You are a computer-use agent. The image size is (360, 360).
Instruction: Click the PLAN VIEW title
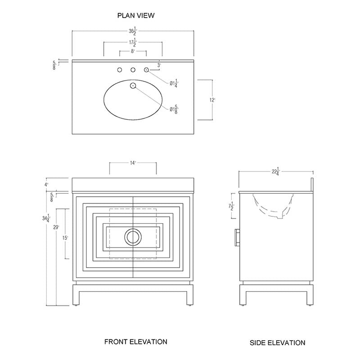[135, 16]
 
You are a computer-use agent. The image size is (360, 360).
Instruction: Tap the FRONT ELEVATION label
[135, 342]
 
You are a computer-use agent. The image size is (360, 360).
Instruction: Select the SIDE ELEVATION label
[277, 343]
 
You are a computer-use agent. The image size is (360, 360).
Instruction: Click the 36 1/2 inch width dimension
[132, 31]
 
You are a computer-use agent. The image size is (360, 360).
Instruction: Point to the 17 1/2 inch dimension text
[133, 43]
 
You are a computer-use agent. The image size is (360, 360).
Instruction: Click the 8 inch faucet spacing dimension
[133, 52]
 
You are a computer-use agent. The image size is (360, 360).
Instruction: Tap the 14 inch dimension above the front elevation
[133, 163]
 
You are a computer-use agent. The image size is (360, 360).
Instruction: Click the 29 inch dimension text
[56, 227]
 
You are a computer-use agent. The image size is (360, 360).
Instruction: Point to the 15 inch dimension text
[65, 238]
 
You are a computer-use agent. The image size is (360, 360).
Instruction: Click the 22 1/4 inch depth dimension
[276, 171]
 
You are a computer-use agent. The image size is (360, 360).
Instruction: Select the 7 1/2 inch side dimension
[231, 207]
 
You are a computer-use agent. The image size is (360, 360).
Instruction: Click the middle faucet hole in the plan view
[133, 70]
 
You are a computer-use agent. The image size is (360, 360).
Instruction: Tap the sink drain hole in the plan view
[133, 85]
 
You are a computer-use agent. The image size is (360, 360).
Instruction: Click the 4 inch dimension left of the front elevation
[46, 184]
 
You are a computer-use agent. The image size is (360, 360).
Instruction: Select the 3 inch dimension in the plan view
[159, 65]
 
